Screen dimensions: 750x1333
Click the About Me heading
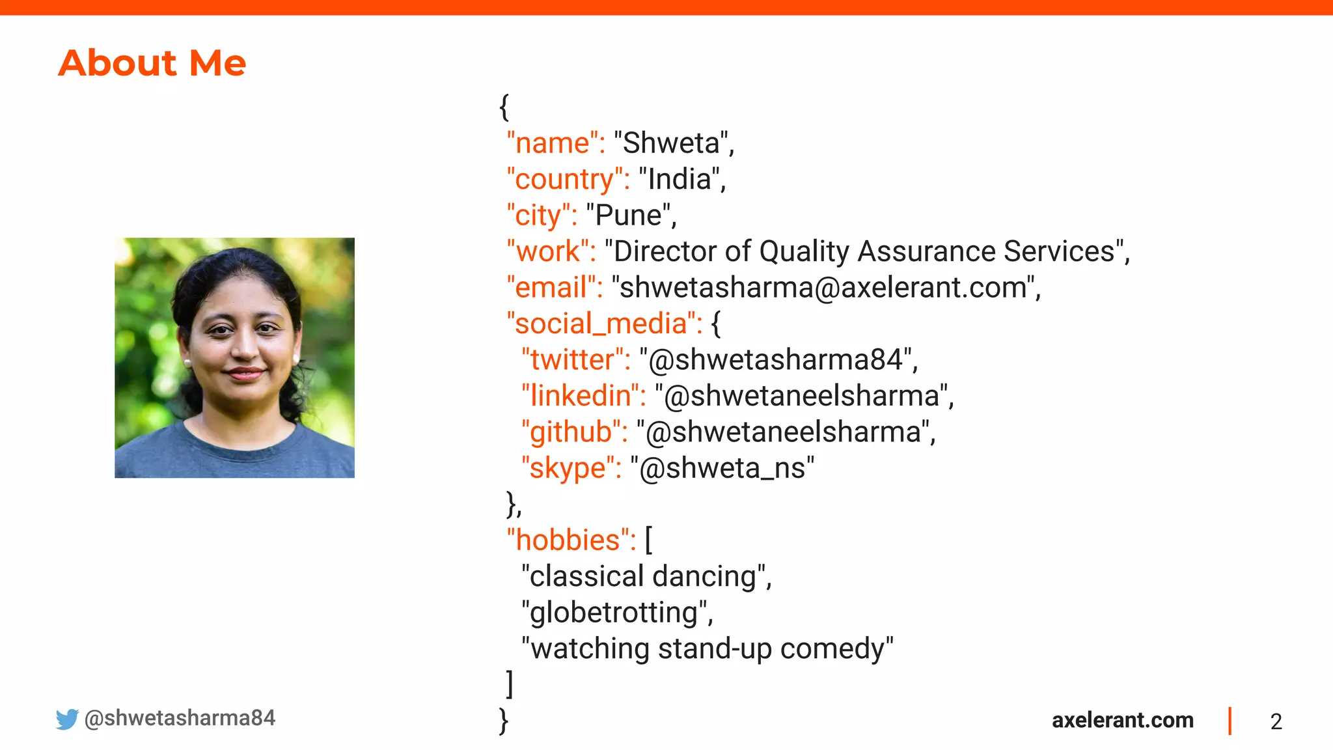[152, 63]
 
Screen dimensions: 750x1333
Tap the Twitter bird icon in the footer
[66, 719]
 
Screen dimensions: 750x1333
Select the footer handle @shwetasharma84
[180, 718]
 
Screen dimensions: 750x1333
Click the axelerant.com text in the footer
[1122, 720]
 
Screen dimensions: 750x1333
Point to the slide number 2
[1276, 721]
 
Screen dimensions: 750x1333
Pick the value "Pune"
[628, 215]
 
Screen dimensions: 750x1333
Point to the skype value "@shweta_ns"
[722, 468]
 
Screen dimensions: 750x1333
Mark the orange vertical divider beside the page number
[1230, 721]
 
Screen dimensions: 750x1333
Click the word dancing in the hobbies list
[704, 577]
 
